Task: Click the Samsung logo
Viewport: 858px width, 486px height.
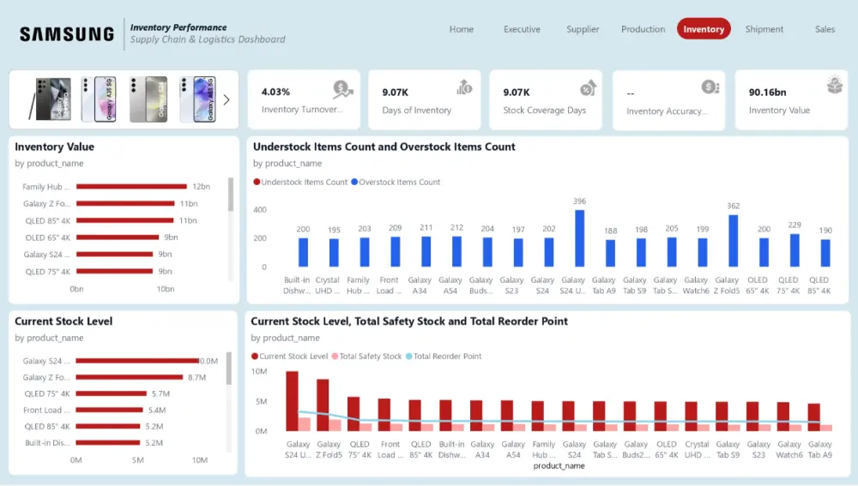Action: coord(67,34)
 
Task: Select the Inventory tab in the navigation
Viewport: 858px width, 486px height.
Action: coord(704,29)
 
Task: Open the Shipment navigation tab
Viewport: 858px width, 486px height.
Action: coord(764,29)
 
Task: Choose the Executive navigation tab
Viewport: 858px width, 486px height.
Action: coord(522,29)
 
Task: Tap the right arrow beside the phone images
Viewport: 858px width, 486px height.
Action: coord(227,99)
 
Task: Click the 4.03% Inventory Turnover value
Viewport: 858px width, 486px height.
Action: coord(275,92)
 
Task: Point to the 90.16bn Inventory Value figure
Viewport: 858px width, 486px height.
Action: coord(767,92)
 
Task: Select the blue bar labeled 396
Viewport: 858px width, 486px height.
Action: coord(579,238)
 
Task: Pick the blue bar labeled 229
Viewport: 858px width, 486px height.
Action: coord(795,250)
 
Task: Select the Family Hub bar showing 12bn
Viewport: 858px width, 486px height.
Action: coord(131,186)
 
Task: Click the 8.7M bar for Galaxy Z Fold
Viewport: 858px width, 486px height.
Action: coord(129,377)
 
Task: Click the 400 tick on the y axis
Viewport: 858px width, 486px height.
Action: coord(259,210)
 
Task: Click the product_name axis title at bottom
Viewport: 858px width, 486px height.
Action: coord(559,466)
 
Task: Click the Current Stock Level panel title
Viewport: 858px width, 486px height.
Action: coord(63,321)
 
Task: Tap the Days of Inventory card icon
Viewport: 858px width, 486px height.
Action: coord(464,87)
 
